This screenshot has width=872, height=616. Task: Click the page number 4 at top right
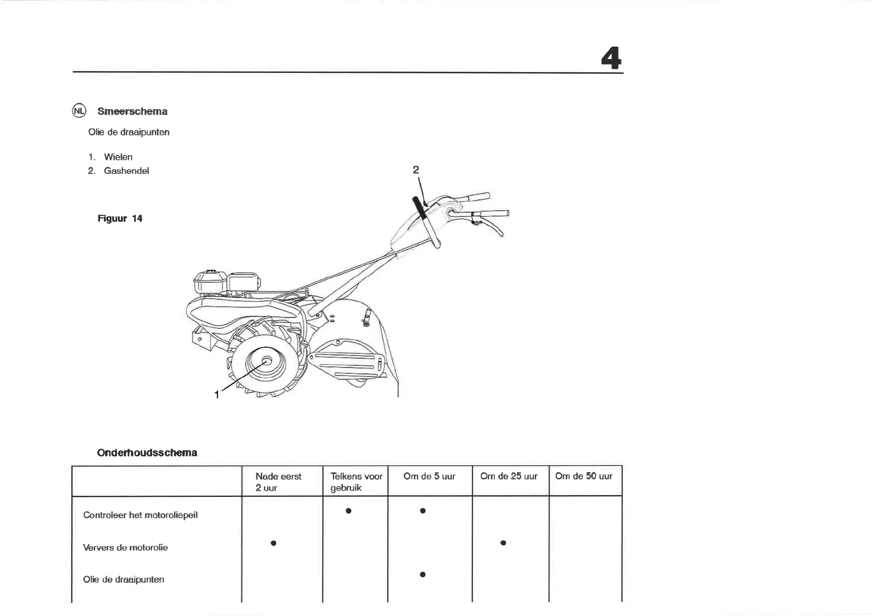tap(611, 58)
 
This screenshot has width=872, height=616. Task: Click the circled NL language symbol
tap(79, 111)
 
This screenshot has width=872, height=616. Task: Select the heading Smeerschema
tap(132, 111)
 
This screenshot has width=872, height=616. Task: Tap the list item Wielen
tap(118, 157)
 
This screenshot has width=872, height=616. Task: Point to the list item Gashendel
tap(126, 171)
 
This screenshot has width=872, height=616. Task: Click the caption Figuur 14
tap(120, 218)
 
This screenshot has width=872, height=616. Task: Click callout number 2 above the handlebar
tap(416, 170)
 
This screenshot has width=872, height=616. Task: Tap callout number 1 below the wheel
tap(217, 395)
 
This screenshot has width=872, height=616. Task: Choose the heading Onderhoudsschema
tap(147, 453)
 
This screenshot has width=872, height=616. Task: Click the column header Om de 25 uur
tap(509, 476)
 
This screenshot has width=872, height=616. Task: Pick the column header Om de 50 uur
tap(583, 476)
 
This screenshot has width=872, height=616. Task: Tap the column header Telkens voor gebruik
tap(356, 482)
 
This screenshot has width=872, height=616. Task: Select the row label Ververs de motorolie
tap(125, 548)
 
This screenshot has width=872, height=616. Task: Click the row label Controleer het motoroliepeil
tap(140, 515)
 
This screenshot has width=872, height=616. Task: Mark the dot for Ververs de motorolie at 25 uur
tap(503, 543)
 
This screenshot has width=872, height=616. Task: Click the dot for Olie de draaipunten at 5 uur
tap(423, 575)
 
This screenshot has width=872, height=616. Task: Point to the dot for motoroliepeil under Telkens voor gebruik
tap(349, 511)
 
